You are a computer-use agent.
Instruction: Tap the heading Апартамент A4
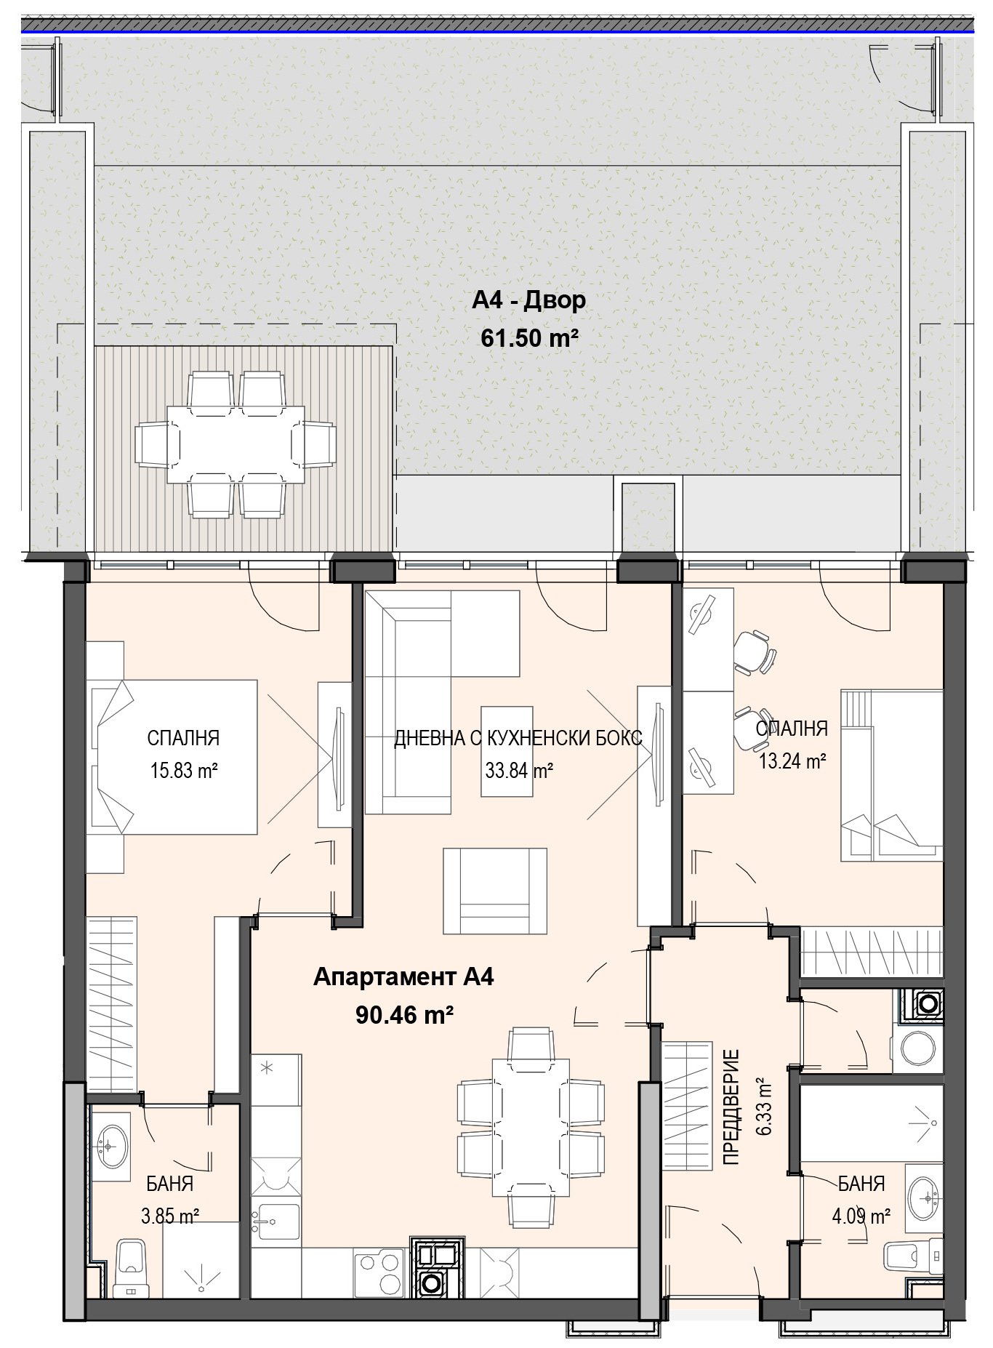pyautogui.click(x=403, y=978)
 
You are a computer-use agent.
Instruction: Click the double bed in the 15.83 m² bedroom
pyautogui.click(x=174, y=756)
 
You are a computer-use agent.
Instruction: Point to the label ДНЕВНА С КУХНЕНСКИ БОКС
pyautogui.click(x=518, y=739)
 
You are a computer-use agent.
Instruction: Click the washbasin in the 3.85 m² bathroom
pyautogui.click(x=110, y=1147)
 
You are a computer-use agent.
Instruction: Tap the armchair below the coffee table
pyautogui.click(x=496, y=892)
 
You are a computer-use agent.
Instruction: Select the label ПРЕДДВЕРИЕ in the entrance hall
pyautogui.click(x=731, y=1107)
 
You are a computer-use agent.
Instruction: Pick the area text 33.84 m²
pyautogui.click(x=519, y=770)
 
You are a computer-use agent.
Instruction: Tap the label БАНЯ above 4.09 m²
pyautogui.click(x=861, y=1184)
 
